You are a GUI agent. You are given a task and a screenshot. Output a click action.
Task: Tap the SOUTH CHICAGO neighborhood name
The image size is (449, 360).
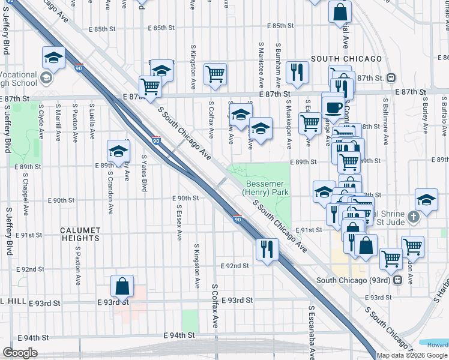346,59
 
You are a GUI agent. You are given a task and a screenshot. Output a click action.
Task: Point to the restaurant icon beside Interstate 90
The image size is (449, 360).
267,248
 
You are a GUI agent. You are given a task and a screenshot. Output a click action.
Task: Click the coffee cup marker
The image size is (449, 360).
333,107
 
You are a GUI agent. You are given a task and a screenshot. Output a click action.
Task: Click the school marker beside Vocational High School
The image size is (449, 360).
53,58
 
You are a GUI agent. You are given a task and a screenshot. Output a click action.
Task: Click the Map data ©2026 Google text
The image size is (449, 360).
412,355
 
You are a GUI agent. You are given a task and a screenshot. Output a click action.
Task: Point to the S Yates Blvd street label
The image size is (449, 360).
144,173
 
